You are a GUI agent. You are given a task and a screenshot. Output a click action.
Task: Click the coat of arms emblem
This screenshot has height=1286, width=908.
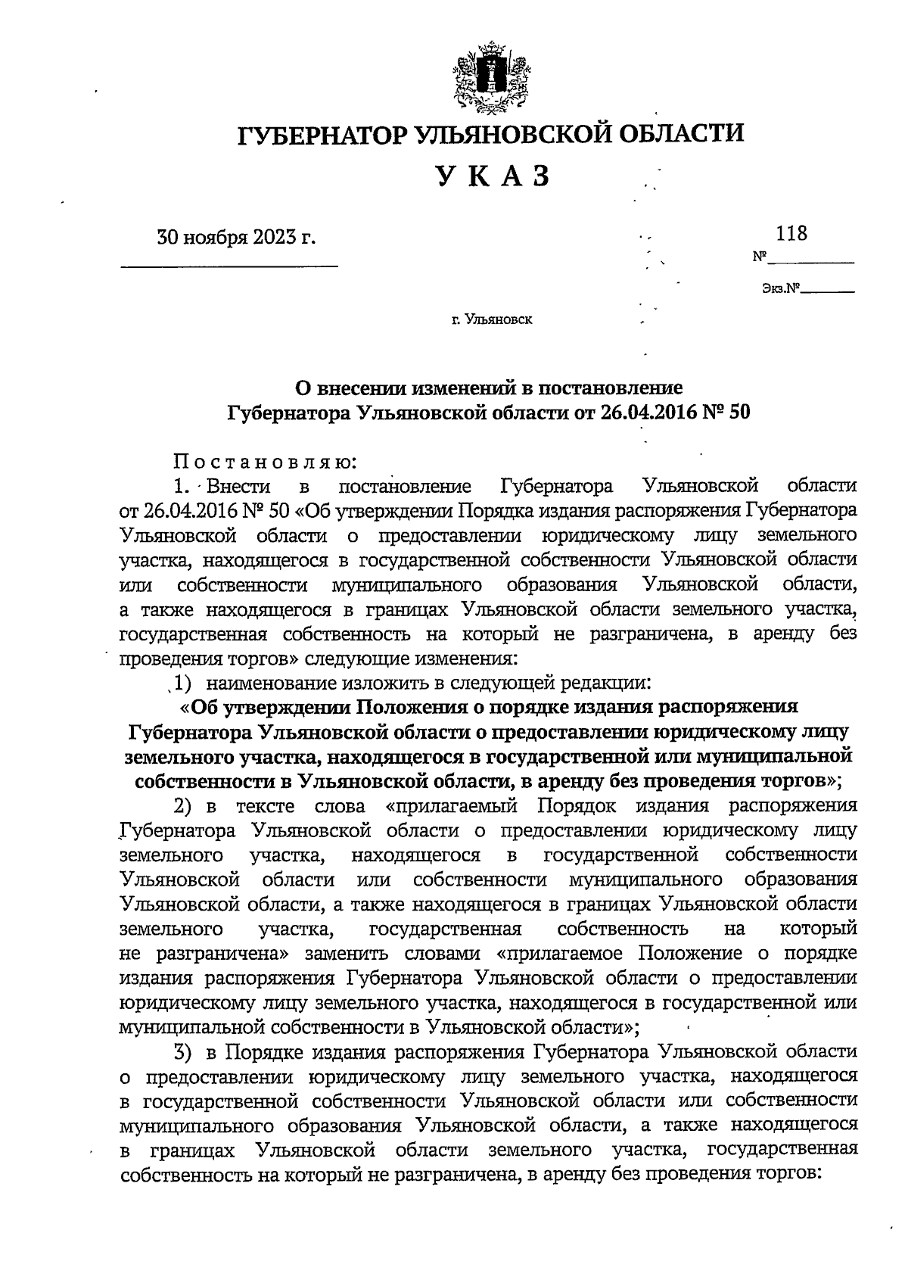coord(491,76)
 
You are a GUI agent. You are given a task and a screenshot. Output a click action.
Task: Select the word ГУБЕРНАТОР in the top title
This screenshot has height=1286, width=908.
coord(324,134)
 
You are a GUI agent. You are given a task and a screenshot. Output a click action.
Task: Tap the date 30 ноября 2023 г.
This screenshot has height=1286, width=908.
coord(235,237)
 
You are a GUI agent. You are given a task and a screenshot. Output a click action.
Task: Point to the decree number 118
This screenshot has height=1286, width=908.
coord(791,233)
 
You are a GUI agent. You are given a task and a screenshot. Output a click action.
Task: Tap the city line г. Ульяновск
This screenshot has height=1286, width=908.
coord(492,319)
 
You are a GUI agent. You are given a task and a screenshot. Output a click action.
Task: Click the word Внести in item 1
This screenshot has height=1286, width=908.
coord(237,486)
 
